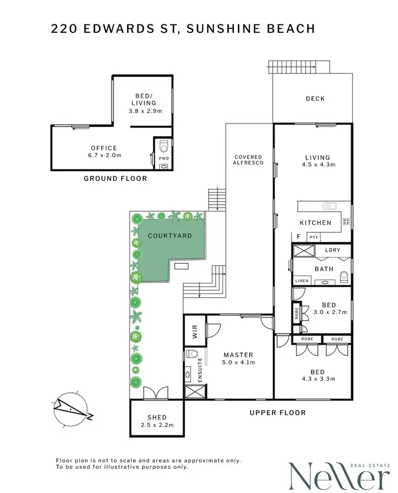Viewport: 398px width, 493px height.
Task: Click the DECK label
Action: click(315, 99)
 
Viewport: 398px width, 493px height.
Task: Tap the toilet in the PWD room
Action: click(163, 145)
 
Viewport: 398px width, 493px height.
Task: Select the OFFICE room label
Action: click(104, 148)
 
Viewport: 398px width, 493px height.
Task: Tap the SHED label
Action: click(157, 417)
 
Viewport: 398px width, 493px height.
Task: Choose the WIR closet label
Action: click(194, 332)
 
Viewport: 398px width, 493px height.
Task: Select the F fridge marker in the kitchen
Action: click(299, 236)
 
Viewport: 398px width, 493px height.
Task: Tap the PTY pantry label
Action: click(314, 238)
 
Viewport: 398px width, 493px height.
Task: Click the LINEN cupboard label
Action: click(301, 280)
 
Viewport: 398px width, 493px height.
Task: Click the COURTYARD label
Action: click(170, 235)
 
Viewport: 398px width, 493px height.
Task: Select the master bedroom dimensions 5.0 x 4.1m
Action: click(238, 363)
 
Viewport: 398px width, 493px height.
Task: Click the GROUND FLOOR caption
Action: click(115, 179)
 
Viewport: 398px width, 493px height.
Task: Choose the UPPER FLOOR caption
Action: click(278, 412)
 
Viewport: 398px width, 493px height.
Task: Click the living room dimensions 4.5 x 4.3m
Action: click(317, 165)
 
